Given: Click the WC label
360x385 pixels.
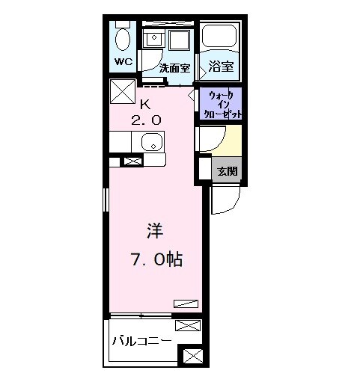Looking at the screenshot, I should coord(123,61).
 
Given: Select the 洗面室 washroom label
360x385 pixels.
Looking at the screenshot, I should coord(174,67).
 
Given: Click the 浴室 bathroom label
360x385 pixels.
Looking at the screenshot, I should coord(221,67).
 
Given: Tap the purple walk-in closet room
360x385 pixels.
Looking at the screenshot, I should coord(222,105).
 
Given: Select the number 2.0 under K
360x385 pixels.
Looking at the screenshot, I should coord(147,119).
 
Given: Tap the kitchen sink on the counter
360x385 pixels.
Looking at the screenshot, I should coord(152,141).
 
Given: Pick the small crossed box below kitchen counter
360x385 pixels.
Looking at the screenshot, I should coord(132,161).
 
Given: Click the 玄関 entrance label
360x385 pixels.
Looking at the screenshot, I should coord(227,170).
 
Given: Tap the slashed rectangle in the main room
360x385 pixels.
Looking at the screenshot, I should coord(186,303).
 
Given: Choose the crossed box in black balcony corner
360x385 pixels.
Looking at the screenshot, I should coord(192,357).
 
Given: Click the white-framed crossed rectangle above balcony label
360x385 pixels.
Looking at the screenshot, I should coord(188,325).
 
